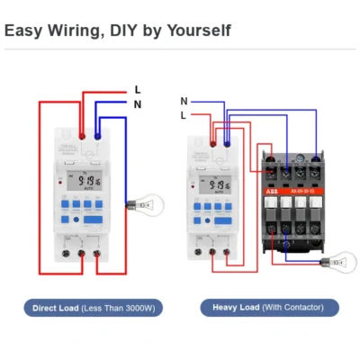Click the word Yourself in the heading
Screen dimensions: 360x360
point(199,31)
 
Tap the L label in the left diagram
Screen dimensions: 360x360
point(138,90)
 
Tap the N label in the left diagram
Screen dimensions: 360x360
point(138,104)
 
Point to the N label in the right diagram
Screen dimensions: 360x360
point(184,101)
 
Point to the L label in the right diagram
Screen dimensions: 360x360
point(184,115)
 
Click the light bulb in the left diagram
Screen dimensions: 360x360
point(140,206)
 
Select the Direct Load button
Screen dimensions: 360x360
point(93,308)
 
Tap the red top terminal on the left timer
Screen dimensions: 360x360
point(82,136)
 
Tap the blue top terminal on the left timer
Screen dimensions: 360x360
point(97,136)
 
